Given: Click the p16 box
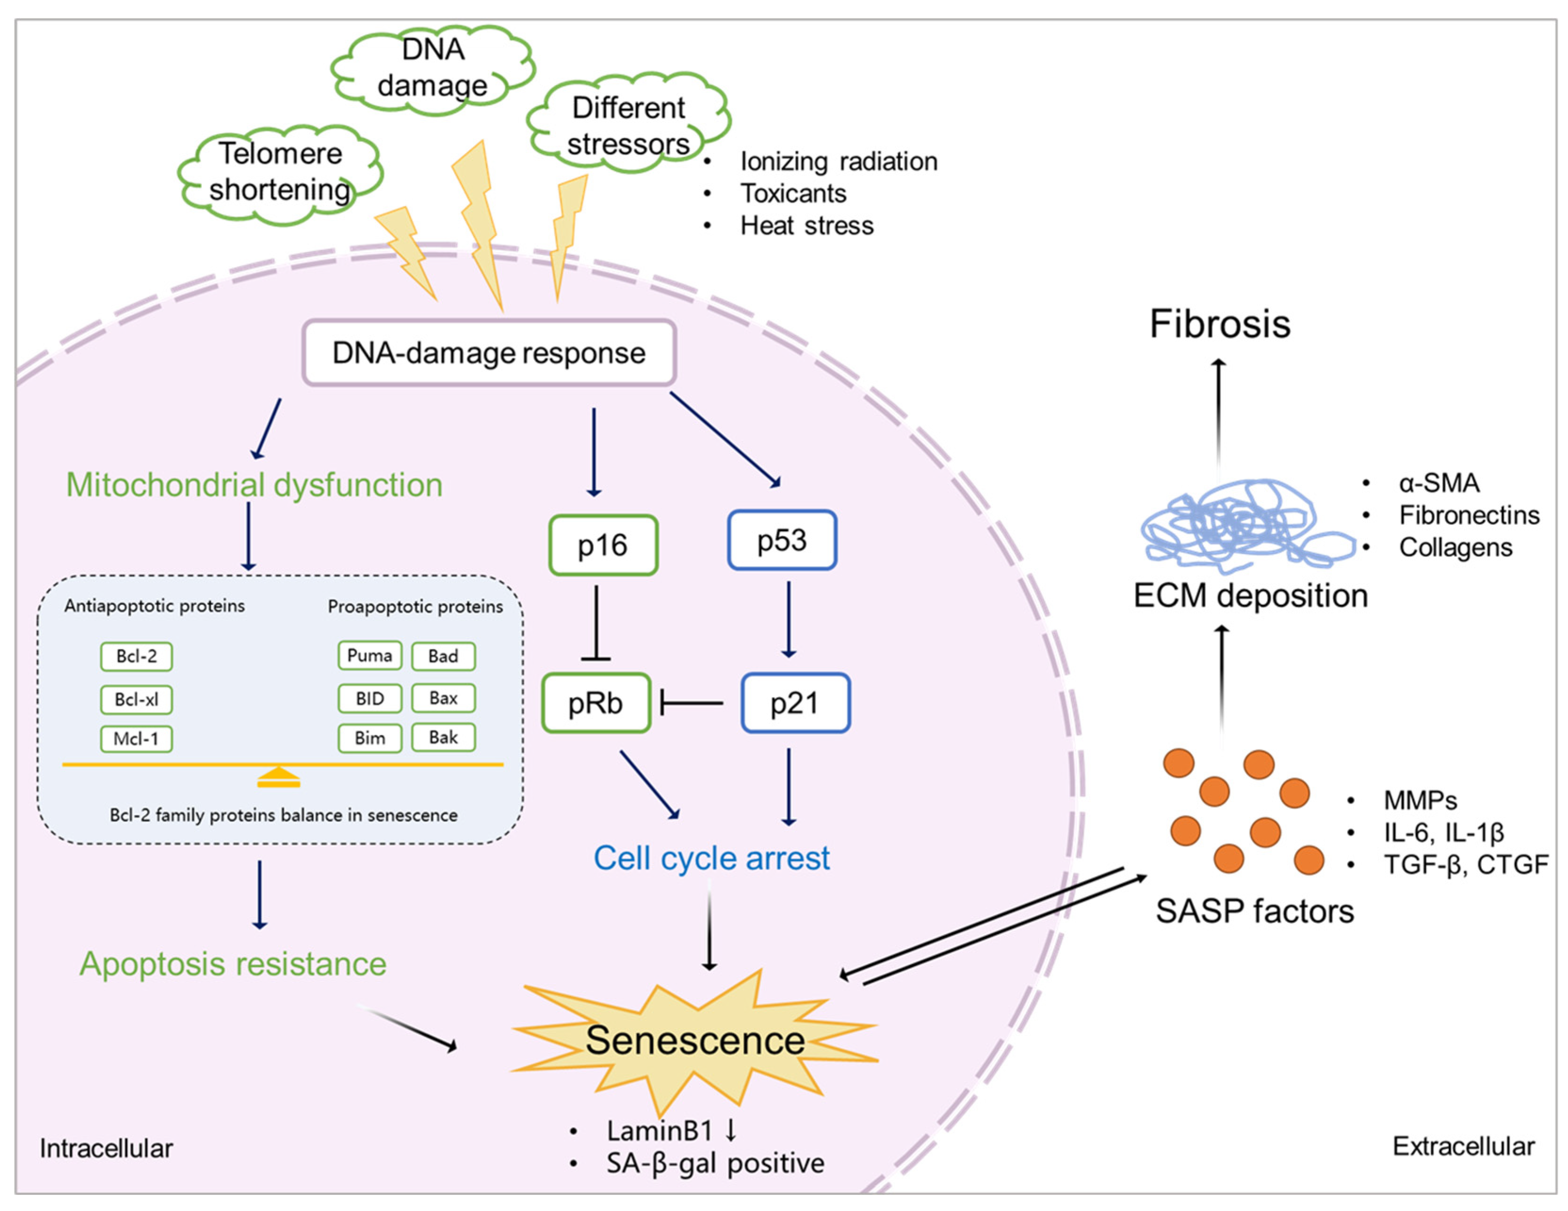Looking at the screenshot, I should (603, 545).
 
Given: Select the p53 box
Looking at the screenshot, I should (782, 540).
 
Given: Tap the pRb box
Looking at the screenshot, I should (596, 702).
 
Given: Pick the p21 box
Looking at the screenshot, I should (795, 702).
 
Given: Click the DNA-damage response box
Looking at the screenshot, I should (489, 353).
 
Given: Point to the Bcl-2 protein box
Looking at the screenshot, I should (137, 656).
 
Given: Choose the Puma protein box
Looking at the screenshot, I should (370, 655).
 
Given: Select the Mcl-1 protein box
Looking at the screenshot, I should (137, 739).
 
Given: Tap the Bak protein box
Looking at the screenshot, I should (443, 737).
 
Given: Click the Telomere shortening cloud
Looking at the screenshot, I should (280, 172).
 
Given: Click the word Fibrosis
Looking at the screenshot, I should (1220, 324).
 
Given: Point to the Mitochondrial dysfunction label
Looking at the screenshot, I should (254, 485).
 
